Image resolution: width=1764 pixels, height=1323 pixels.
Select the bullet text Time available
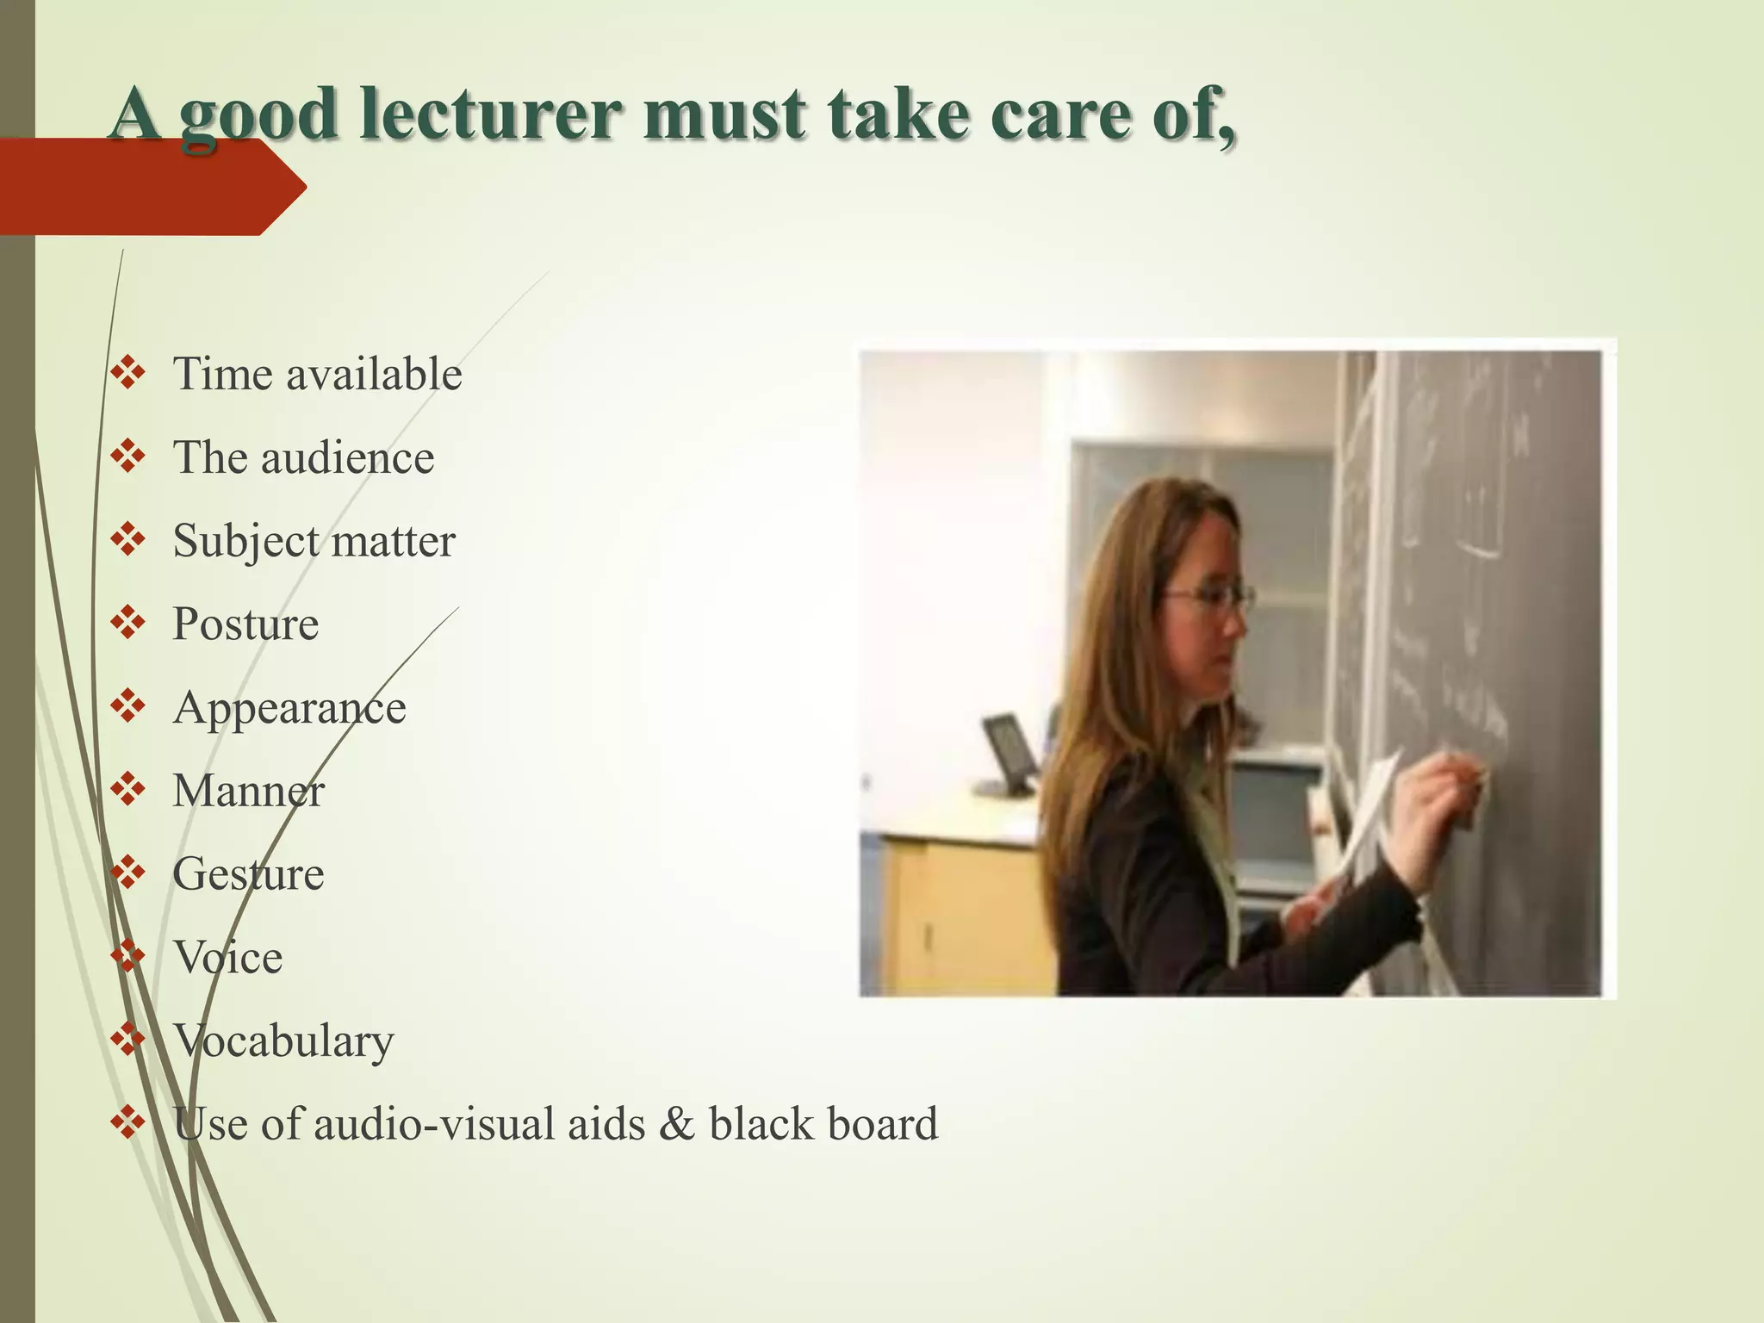(317, 375)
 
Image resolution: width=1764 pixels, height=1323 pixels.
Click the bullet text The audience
(303, 457)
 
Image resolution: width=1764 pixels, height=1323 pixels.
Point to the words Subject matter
(314, 542)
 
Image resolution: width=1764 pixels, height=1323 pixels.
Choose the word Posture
(245, 624)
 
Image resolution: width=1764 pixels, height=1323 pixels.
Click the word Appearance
(289, 708)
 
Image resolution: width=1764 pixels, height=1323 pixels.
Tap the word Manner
(248, 791)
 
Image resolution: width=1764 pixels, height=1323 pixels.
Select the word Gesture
(248, 874)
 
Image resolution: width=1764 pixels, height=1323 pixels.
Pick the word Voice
(227, 957)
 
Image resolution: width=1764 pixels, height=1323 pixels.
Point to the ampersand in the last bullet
(676, 1124)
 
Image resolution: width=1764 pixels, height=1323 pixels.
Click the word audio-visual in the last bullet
(479, 1124)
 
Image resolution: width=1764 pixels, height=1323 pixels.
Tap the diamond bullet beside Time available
(128, 374)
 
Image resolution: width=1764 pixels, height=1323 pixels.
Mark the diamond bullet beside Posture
(128, 623)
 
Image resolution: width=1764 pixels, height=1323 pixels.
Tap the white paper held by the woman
(1370, 818)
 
